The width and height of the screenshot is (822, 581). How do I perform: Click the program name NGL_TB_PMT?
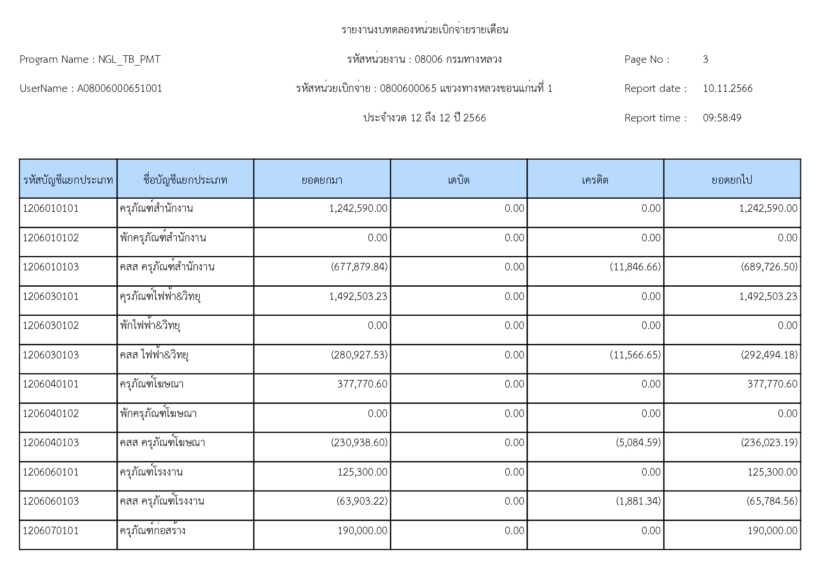129,60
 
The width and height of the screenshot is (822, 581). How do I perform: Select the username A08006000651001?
120,89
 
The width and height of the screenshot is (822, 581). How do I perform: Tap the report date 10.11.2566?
727,89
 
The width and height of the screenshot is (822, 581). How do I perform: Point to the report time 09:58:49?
722,118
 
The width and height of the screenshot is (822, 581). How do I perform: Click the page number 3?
705,60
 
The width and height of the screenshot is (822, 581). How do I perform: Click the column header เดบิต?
458,180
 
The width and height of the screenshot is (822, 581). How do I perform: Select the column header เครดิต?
595,180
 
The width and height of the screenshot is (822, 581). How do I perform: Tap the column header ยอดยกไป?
732,180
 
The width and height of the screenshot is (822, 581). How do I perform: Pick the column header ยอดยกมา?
322,180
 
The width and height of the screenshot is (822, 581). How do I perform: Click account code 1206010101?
51,209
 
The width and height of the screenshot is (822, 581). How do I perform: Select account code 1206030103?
51,355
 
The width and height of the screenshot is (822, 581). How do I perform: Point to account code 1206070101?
51,531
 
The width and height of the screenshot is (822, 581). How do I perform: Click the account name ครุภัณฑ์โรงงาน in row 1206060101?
151,472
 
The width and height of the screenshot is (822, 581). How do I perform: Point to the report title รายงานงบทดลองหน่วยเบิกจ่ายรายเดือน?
425,30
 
